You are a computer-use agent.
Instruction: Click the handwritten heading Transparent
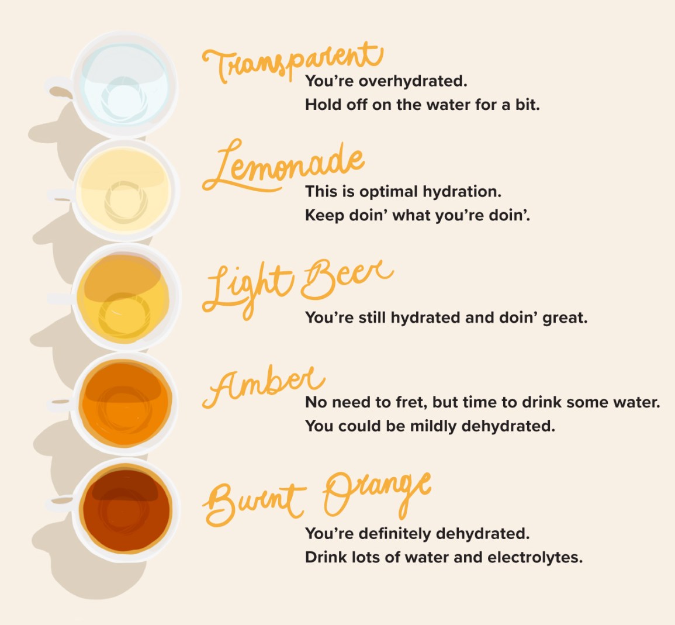tap(292, 61)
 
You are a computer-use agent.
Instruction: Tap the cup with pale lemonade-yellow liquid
tap(125, 190)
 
